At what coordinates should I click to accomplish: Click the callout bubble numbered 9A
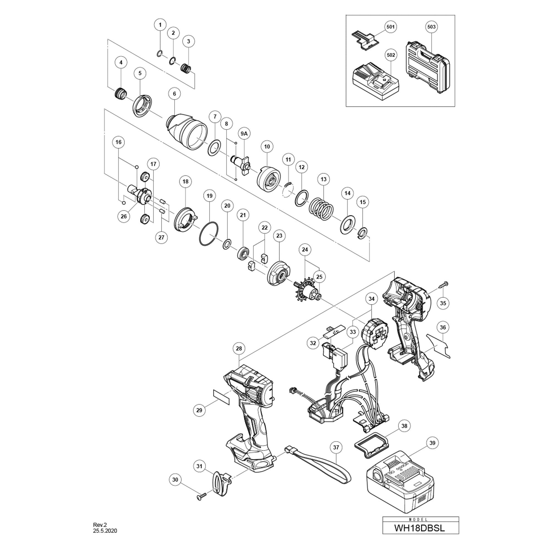pos(244,134)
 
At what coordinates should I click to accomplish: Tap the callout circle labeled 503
pos(431,27)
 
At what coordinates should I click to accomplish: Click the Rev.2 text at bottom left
pos(100,525)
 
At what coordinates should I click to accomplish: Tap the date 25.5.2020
pos(105,531)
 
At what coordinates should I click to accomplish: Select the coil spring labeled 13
pos(321,209)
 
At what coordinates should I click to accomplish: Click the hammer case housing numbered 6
pos(186,131)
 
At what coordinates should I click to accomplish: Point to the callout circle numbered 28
pos(239,348)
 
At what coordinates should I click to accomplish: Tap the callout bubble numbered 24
pos(305,250)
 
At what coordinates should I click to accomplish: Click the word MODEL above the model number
pos(420,519)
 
